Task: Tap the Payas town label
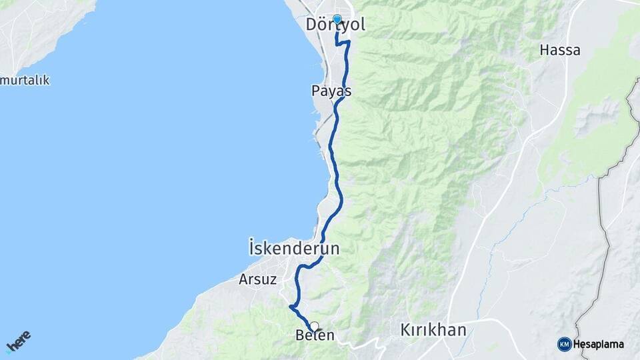click(x=331, y=91)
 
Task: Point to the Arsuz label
click(x=257, y=280)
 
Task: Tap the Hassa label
click(x=559, y=50)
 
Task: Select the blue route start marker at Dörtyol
click(x=337, y=19)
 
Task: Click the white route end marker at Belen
click(x=314, y=326)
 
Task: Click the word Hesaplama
click(x=599, y=345)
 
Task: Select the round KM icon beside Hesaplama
click(x=564, y=345)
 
